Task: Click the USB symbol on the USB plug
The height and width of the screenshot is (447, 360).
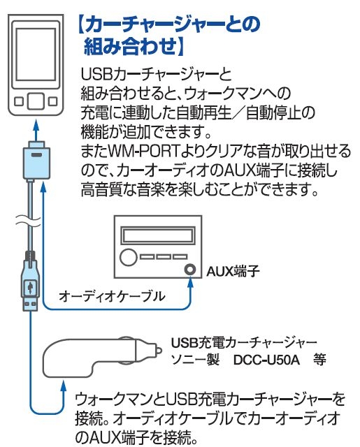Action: tap(31, 286)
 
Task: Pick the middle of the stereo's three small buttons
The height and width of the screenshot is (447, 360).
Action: tap(164, 256)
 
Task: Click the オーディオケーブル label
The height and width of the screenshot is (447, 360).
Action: tap(112, 296)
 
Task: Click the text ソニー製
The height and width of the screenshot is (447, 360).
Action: tap(193, 360)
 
